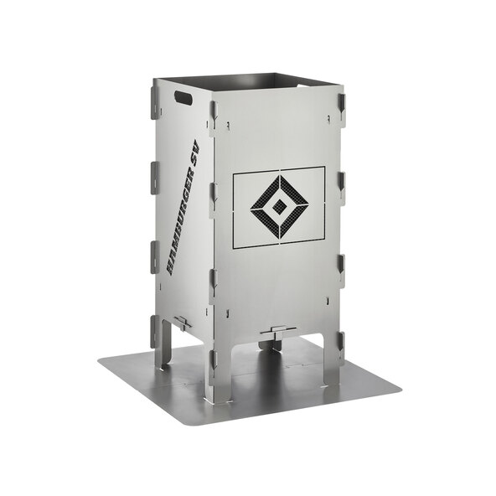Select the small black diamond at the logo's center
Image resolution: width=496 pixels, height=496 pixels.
pos(279,207)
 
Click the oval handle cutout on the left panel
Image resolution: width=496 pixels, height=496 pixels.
pos(183,97)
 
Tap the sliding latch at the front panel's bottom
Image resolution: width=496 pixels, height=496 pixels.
pos(278,333)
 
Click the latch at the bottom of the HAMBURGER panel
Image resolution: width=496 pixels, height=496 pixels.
pos(182,323)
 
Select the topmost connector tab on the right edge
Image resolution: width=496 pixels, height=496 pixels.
pos(341,106)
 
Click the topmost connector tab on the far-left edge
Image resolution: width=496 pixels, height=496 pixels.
pos(154,102)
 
